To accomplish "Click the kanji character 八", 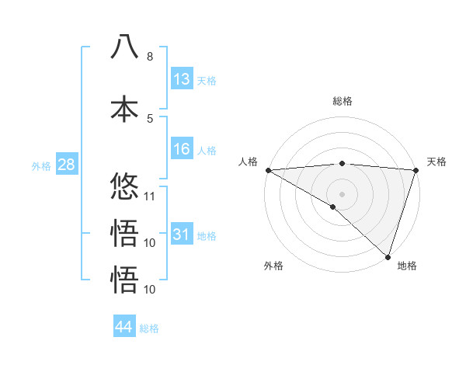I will coord(124,47).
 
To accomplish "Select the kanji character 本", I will coord(124,109).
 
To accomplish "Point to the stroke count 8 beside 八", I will coord(149,57).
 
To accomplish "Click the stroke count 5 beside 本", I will coord(149,118).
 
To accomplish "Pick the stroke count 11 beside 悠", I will coord(151,196).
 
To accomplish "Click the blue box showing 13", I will coord(182,79).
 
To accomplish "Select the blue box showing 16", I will coord(182,149).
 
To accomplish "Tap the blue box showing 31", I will coord(182,235).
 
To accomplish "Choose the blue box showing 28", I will coord(66,165).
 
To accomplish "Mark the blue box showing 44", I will coord(124,327).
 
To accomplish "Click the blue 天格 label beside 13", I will coord(207,81).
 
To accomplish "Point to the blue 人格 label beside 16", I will coord(207,151).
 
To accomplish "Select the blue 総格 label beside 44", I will coord(149,328).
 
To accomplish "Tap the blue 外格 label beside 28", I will coord(41,166).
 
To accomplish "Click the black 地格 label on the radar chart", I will coord(407,266).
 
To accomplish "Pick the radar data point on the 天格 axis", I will coord(416,170).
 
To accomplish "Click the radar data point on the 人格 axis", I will coord(268,170).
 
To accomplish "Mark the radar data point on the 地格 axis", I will coord(388,256).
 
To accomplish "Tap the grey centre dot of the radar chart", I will coord(342,193).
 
